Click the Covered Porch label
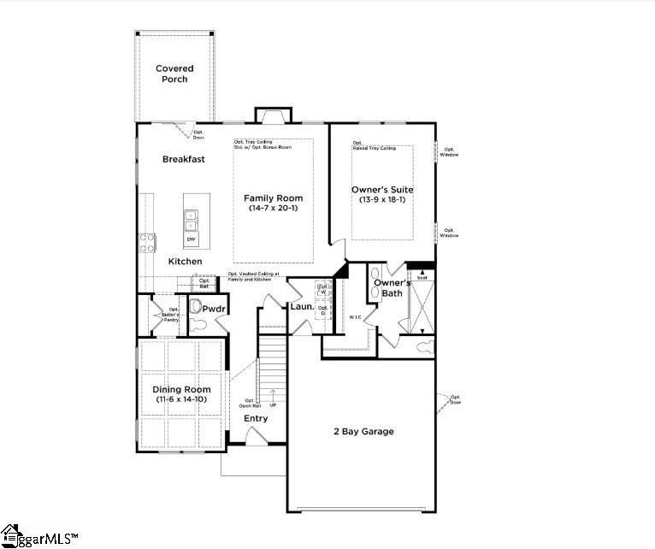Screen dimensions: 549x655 coord(174,74)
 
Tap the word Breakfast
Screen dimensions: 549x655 coord(183,159)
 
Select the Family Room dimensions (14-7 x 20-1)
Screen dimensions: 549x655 coord(273,209)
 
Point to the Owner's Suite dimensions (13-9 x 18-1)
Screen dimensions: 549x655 coord(382,200)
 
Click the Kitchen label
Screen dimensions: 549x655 coord(185,261)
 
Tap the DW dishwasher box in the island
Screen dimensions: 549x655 coord(192,239)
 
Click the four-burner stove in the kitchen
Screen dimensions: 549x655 coord(146,242)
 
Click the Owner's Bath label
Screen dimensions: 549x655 coord(392,288)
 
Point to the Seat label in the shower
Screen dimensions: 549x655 coord(421,278)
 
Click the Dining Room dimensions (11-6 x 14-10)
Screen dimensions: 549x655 coord(180,399)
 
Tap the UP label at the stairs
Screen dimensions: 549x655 coord(273,405)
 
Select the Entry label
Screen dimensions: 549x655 coord(256,418)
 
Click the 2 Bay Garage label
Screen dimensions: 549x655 coord(363,431)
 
